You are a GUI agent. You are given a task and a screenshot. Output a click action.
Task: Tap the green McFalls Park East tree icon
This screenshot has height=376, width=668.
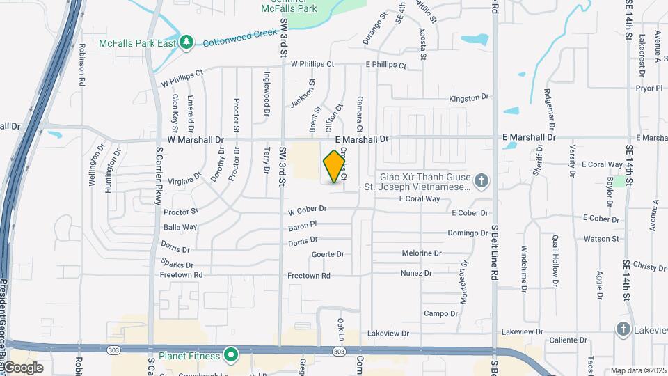point(186,42)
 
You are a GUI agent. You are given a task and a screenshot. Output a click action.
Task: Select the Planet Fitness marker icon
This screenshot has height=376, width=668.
point(231,355)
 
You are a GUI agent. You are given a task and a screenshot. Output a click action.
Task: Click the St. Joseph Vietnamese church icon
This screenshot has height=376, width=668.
point(482,182)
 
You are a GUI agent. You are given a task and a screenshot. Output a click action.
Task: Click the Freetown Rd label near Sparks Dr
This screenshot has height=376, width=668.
point(181,275)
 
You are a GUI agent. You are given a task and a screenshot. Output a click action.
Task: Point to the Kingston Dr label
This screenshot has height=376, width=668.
point(470,99)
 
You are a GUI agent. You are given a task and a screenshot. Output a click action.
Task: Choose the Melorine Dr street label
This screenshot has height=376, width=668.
point(422,253)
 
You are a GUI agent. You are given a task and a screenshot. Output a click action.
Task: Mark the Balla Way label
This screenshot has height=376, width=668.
point(180,227)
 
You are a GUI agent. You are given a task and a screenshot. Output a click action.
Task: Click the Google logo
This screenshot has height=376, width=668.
point(22,367)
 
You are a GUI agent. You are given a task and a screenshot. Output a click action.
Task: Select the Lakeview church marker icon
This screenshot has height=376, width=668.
point(623,329)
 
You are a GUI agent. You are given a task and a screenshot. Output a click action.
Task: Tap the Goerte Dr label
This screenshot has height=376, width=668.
point(328,254)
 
